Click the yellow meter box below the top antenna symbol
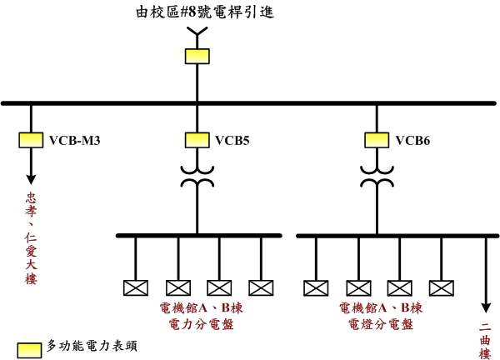click(x=197, y=56)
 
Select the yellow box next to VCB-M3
click(x=32, y=139)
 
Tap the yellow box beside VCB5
click(x=197, y=139)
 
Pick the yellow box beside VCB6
click(x=377, y=139)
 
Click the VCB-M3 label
click(x=75, y=140)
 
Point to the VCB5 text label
click(x=232, y=140)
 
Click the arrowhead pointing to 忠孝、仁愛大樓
click(x=32, y=177)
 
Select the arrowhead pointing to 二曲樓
click(x=485, y=307)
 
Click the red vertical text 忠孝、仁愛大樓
click(x=32, y=237)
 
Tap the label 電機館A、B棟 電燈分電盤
click(x=377, y=314)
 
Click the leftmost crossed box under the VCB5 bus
click(x=135, y=287)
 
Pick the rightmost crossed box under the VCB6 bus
click(x=441, y=287)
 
